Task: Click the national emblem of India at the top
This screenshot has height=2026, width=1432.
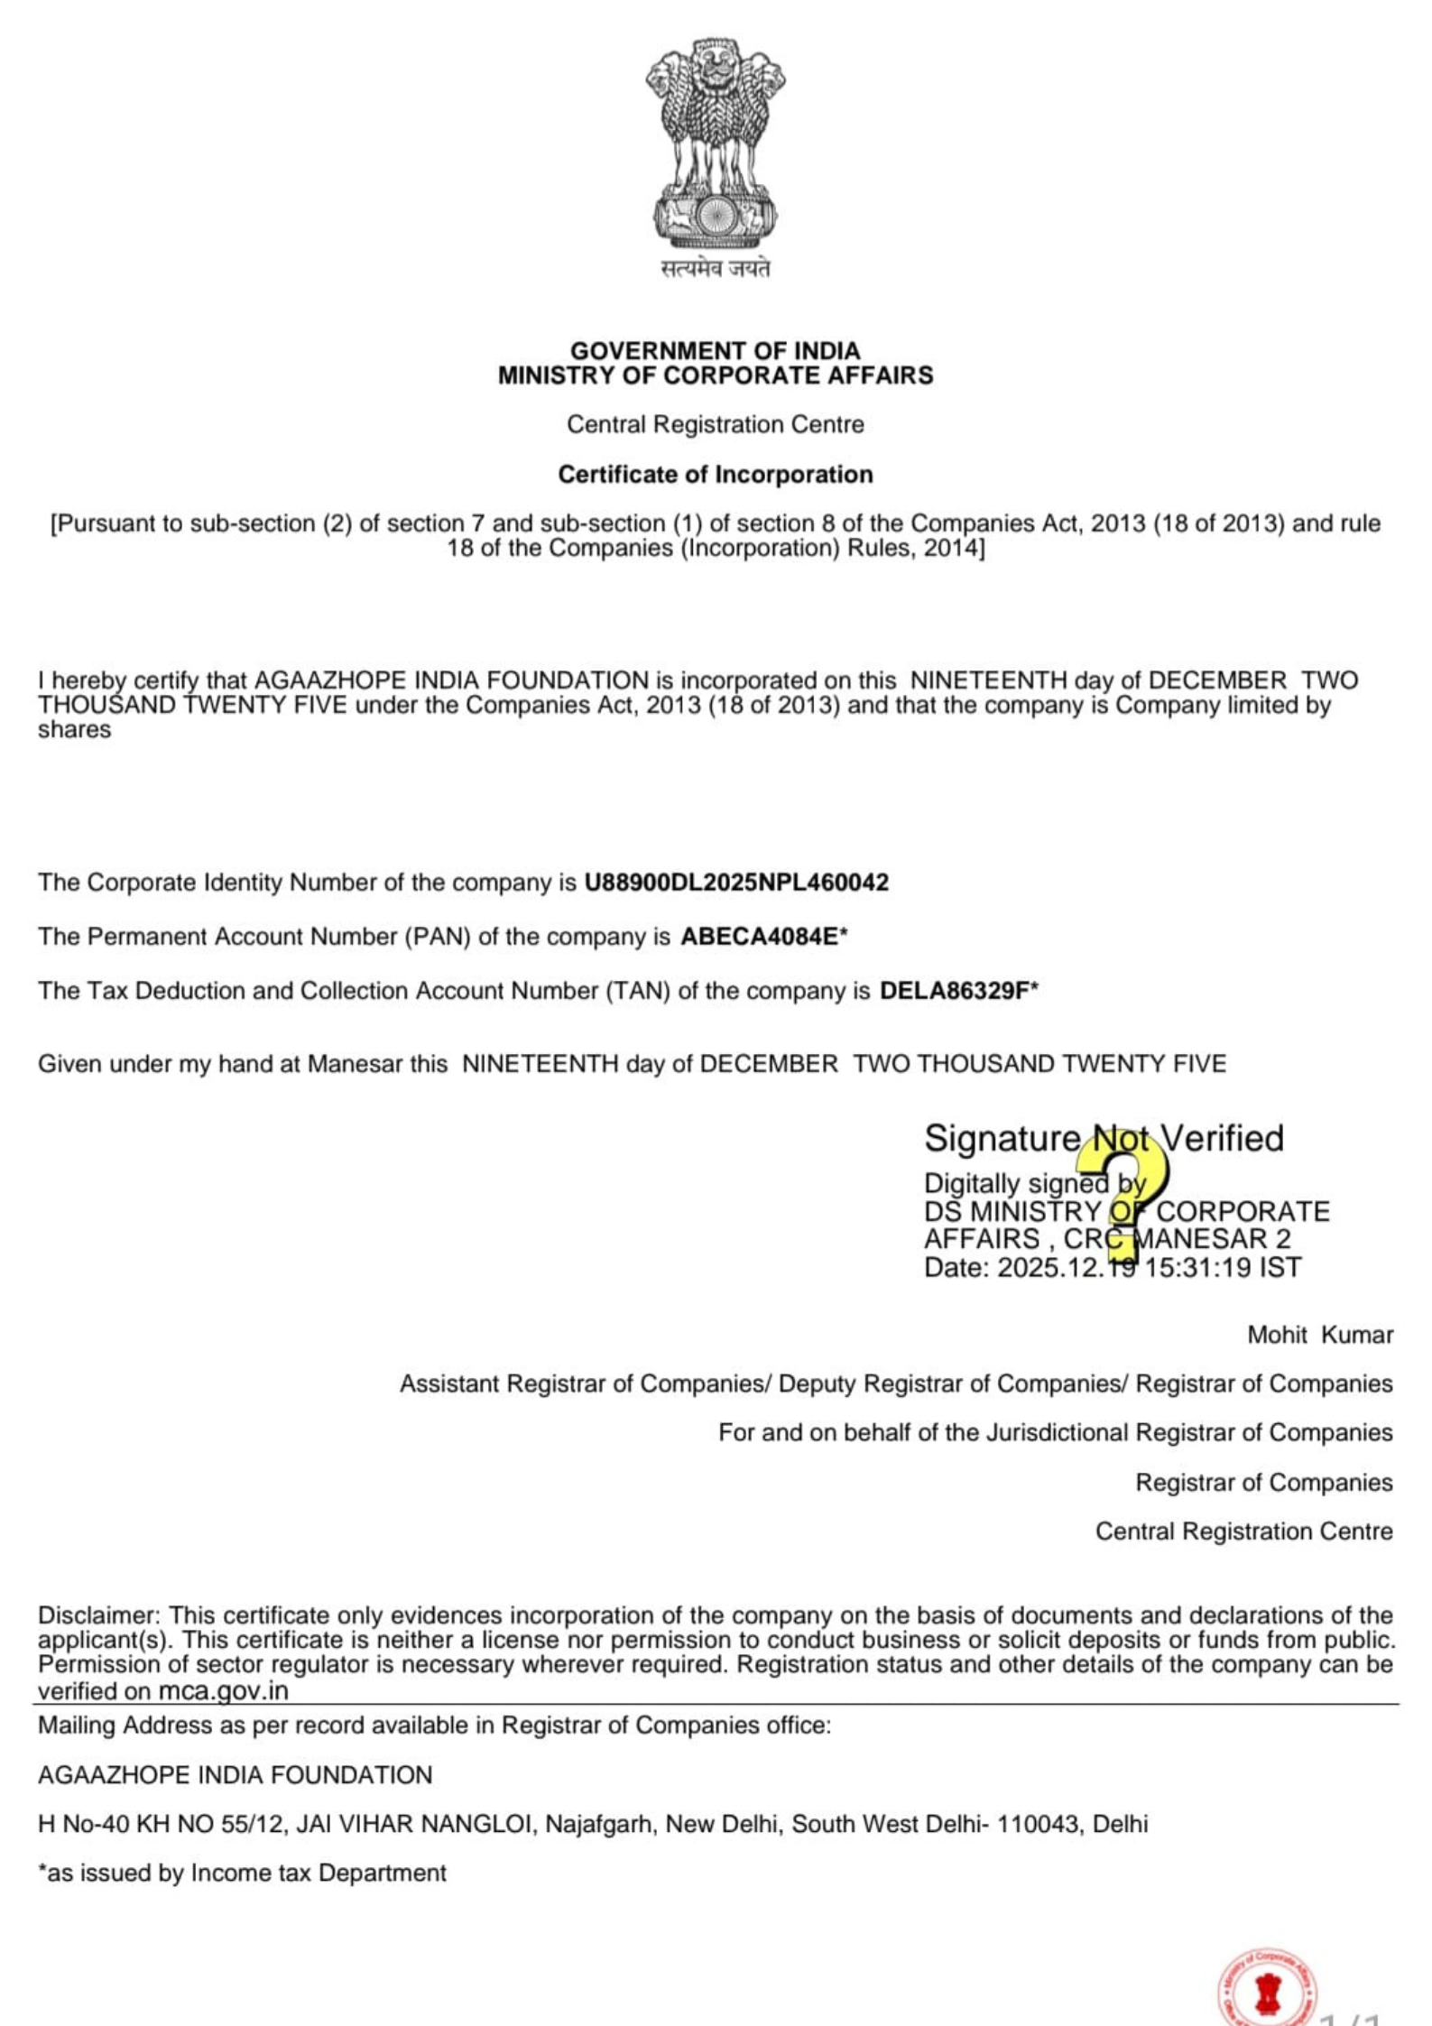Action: point(715,144)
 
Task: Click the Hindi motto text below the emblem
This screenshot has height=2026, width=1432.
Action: point(716,269)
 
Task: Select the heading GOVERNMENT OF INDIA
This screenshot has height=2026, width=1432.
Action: point(715,350)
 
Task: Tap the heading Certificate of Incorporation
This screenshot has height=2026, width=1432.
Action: point(715,475)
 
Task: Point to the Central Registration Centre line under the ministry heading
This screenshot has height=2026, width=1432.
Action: point(715,424)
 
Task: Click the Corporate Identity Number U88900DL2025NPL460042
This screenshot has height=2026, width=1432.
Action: point(736,882)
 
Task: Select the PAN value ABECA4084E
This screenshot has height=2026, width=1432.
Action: point(760,937)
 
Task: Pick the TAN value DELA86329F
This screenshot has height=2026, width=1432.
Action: point(955,991)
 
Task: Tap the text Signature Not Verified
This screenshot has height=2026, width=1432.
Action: point(1103,1139)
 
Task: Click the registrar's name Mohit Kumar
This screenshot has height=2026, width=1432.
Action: point(1319,1335)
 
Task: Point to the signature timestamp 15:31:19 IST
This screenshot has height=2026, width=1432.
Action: point(1224,1268)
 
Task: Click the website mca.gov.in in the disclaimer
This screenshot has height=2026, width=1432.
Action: point(224,1691)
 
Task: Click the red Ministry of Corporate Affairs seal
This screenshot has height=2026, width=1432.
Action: point(1268,1990)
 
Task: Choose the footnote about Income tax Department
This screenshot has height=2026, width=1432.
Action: point(242,1873)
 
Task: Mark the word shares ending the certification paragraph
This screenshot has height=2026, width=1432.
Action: point(74,729)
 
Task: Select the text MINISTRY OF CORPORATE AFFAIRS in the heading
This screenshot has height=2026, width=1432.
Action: point(715,375)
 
